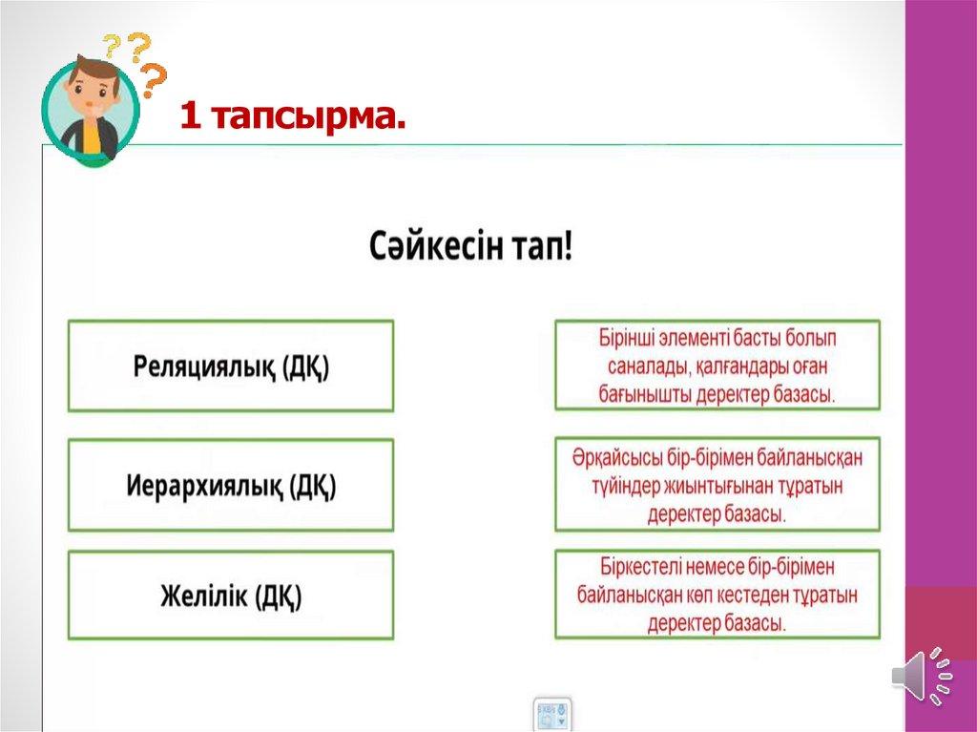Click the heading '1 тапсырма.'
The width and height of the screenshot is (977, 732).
point(293,116)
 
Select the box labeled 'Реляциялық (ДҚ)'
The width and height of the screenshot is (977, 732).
point(231,366)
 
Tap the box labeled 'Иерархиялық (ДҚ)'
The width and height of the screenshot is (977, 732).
point(231,485)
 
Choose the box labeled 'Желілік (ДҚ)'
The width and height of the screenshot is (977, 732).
point(231,595)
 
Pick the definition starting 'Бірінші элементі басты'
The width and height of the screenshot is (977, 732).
point(717,366)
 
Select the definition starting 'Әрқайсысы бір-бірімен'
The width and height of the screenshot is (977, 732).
point(717,485)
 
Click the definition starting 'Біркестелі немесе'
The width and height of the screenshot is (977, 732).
point(717,595)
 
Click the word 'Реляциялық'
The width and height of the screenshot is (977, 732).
point(204,366)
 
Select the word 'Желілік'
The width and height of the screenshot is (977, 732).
point(204,596)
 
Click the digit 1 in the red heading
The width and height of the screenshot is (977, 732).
point(190,117)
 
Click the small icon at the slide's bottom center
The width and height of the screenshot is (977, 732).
point(552,714)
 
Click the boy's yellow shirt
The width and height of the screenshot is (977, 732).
point(91,137)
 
